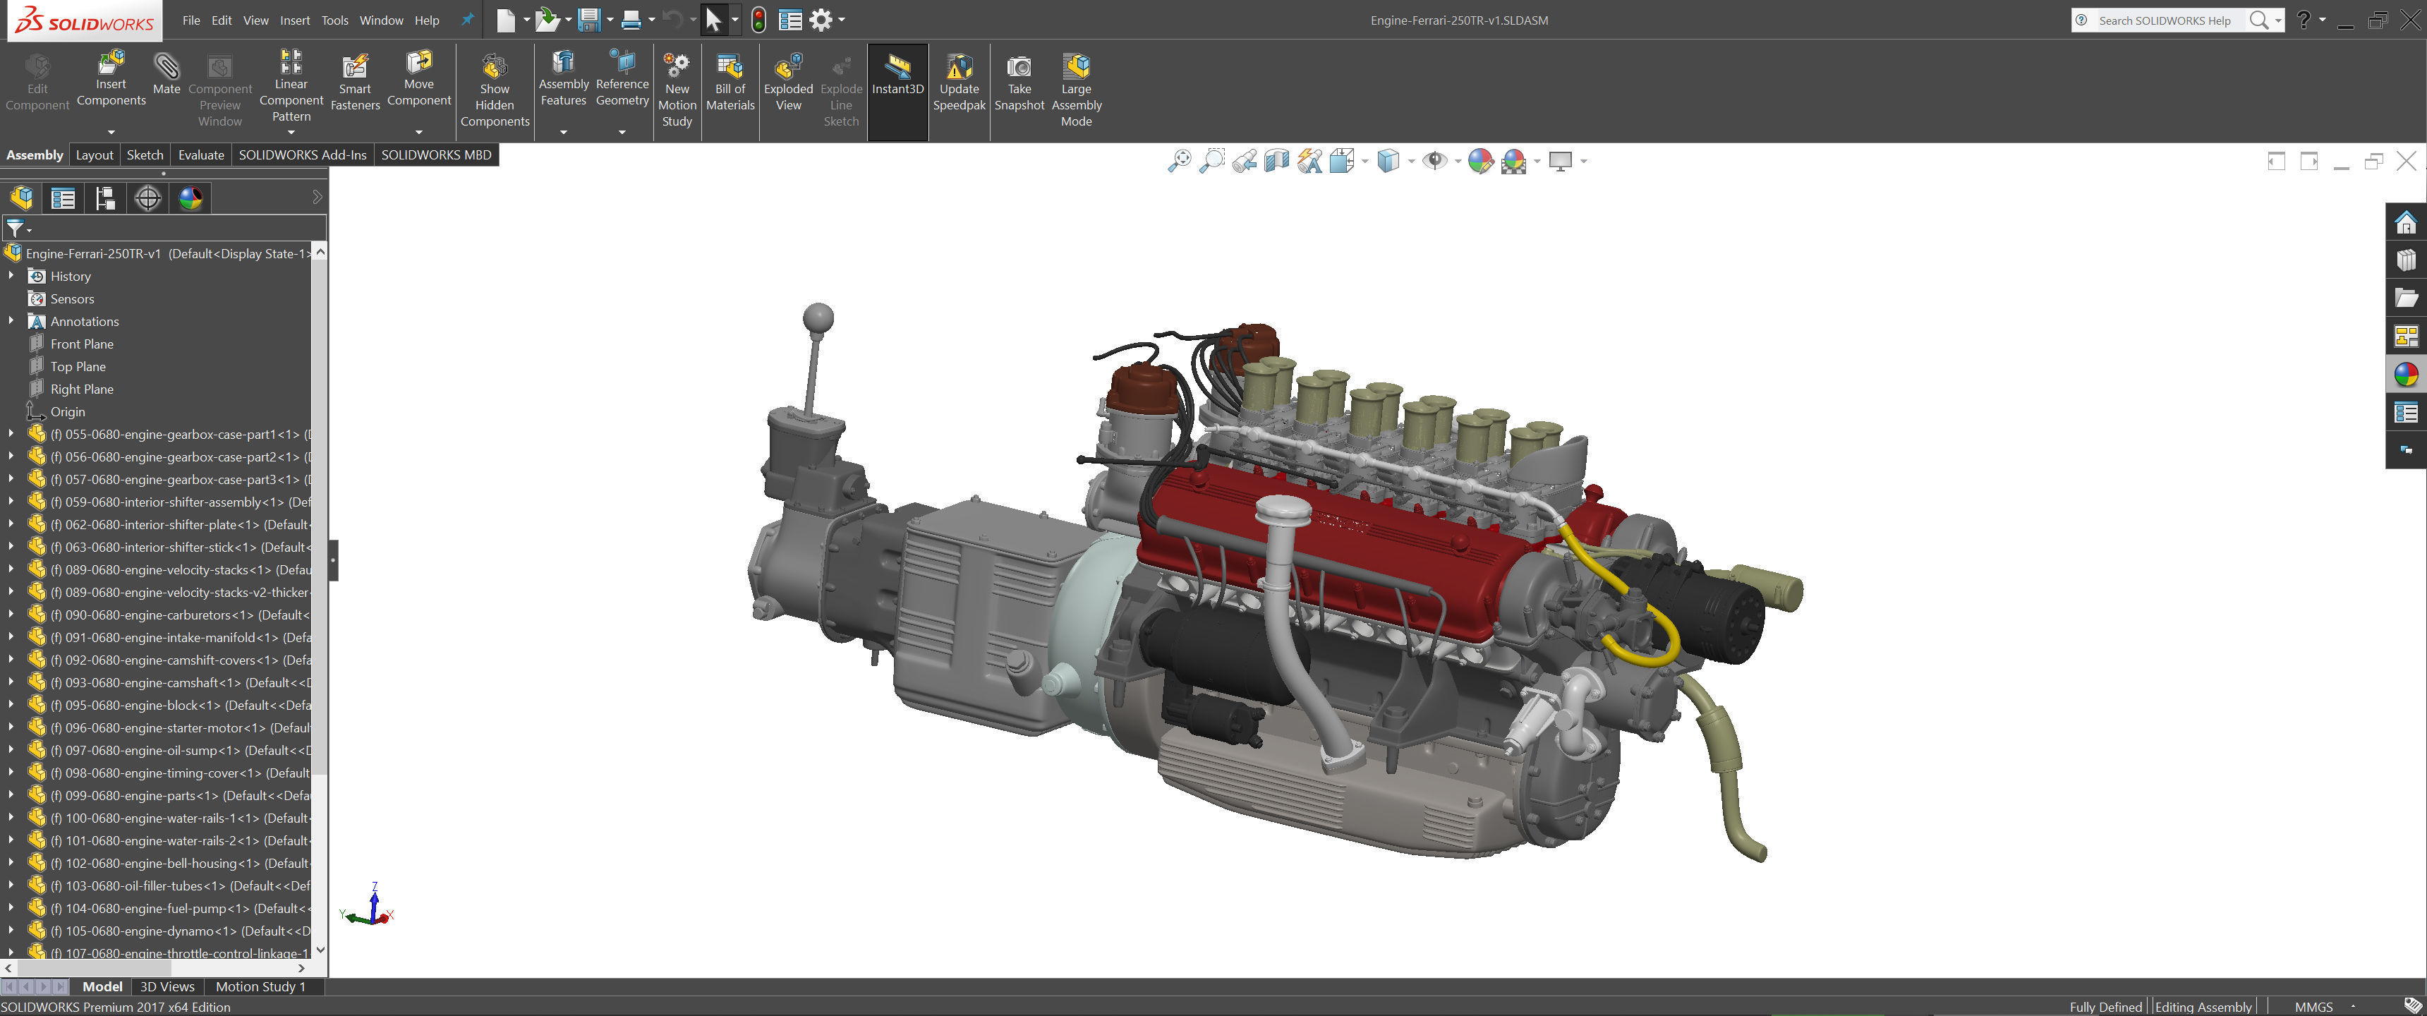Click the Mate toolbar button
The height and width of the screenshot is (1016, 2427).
pos(166,75)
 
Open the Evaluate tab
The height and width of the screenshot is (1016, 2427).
pos(200,155)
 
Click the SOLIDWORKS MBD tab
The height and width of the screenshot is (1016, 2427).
pos(435,155)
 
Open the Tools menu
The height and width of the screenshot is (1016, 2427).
pos(334,20)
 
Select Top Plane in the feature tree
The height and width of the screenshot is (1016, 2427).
pos(78,367)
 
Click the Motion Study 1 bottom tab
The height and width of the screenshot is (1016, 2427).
pos(260,987)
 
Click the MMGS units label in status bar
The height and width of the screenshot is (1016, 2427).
pos(2313,1007)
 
